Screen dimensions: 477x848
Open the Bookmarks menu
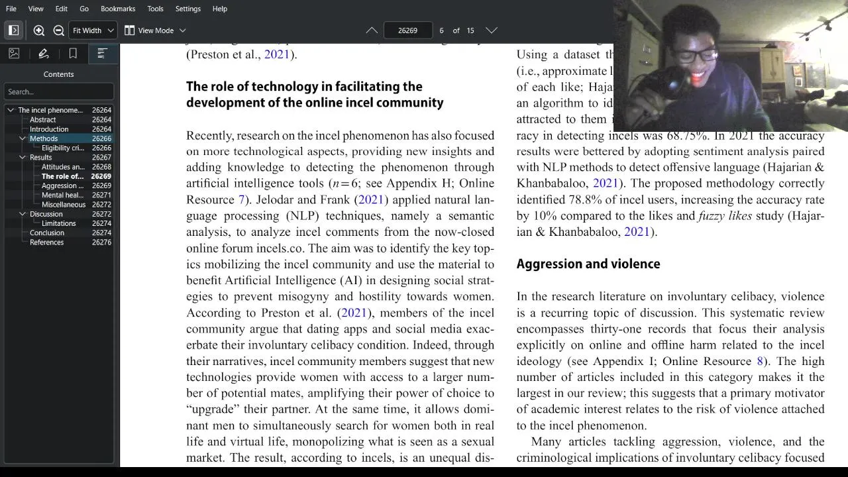(118, 9)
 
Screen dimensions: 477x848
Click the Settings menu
(188, 9)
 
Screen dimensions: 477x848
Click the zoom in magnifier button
(39, 30)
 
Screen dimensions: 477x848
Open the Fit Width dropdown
(93, 30)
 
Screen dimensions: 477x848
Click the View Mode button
(155, 30)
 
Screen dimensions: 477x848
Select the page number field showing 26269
(407, 30)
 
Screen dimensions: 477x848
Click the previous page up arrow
(372, 30)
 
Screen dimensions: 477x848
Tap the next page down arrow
(491, 30)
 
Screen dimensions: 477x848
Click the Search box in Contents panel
(58, 91)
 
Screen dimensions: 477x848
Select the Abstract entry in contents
(42, 120)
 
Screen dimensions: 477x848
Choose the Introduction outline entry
(49, 129)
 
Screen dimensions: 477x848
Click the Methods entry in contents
(44, 138)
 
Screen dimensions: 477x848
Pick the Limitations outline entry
(59, 223)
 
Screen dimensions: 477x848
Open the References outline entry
(46, 242)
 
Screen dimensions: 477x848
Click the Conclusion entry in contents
(47, 233)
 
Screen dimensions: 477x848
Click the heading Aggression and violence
(588, 264)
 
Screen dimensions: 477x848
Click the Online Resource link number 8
(760, 361)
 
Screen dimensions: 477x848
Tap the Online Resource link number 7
(241, 199)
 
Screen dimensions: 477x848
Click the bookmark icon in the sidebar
(73, 54)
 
